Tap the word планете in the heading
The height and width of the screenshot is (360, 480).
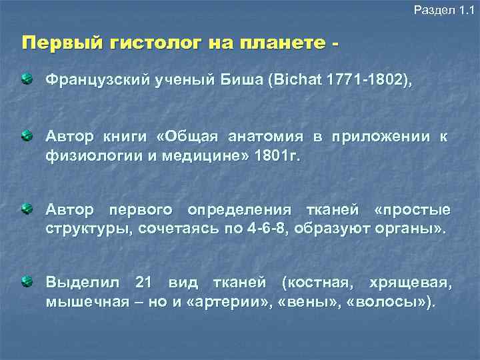(274, 44)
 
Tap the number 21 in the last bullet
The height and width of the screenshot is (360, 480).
(145, 283)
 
